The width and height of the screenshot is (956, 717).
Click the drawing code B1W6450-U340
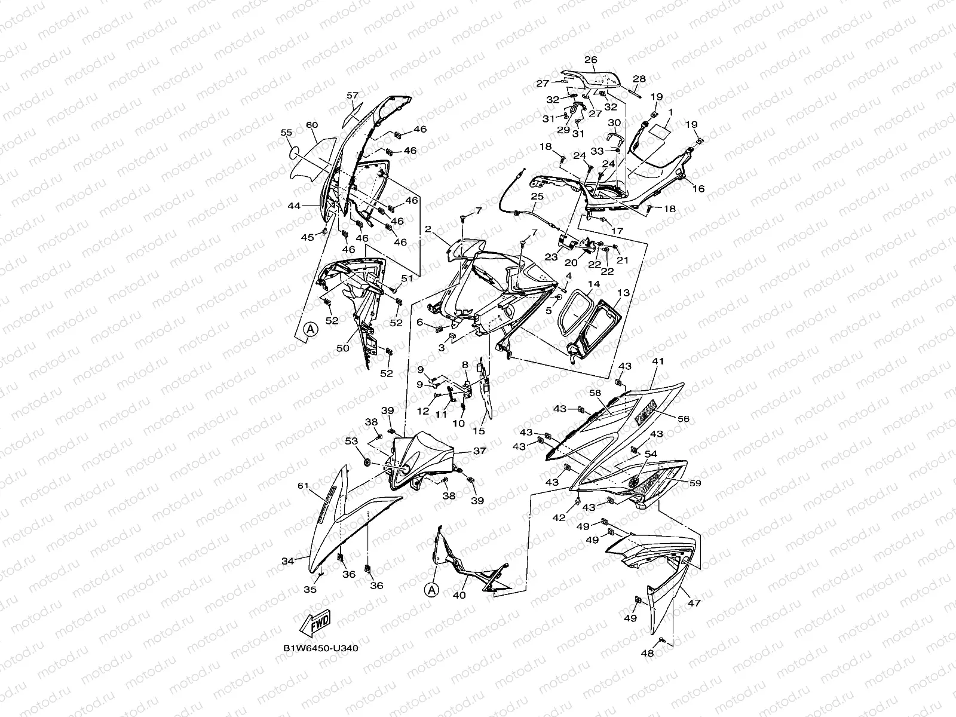pos(321,648)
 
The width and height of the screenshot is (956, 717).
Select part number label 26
pos(590,60)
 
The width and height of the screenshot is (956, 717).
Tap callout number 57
pos(353,96)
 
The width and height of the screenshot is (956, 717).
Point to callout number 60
pos(311,125)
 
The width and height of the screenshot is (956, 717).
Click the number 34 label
pos(288,561)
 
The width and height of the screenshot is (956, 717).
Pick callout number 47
pos(694,604)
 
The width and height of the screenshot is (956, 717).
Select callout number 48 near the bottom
pos(647,653)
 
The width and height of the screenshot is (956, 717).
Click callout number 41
pos(658,362)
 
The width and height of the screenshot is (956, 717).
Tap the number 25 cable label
pos(537,196)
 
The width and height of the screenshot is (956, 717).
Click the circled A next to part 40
pos(433,590)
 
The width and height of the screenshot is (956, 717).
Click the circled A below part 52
pos(309,329)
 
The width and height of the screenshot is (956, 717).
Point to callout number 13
pos(623,293)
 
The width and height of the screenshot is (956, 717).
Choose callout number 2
pos(428,229)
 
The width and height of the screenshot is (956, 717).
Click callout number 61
pos(303,486)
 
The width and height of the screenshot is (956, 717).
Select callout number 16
pos(698,189)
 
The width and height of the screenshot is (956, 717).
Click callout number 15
pos(479,430)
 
